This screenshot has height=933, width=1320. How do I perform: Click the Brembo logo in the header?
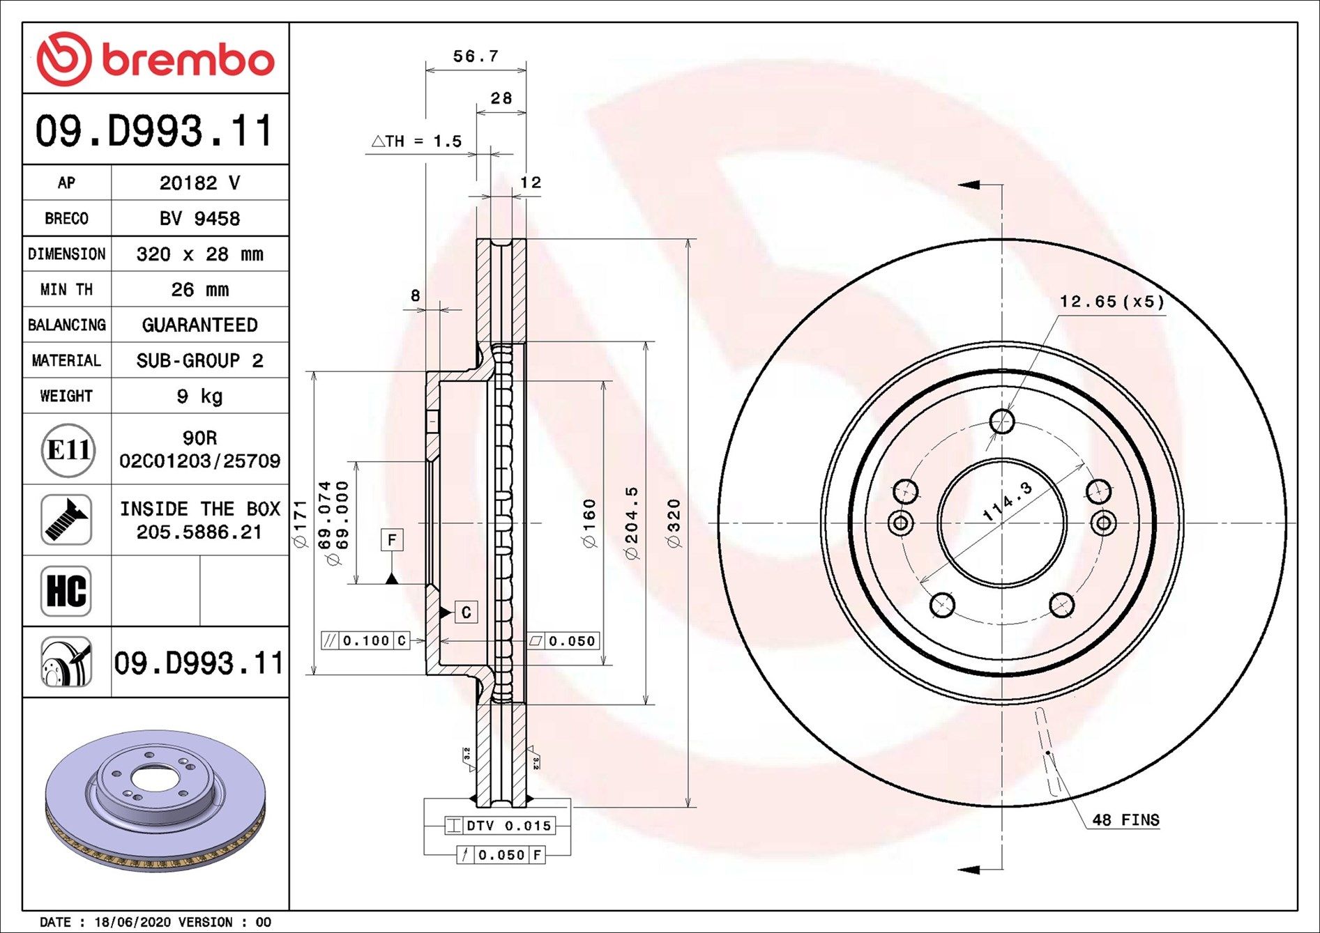pos(155,59)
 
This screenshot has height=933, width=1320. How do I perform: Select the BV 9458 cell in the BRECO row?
pos(199,218)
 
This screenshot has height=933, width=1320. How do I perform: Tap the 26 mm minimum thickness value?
pos(199,289)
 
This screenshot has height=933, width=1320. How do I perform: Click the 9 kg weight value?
pos(199,396)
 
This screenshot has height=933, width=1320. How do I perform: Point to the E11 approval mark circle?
pos(67,449)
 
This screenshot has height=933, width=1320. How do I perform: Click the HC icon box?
pos(66,591)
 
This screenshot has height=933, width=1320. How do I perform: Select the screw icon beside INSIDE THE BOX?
pos(66,520)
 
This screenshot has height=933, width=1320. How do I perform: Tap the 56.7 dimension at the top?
pos(476,56)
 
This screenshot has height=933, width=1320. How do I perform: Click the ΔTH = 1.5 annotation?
pos(417,141)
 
